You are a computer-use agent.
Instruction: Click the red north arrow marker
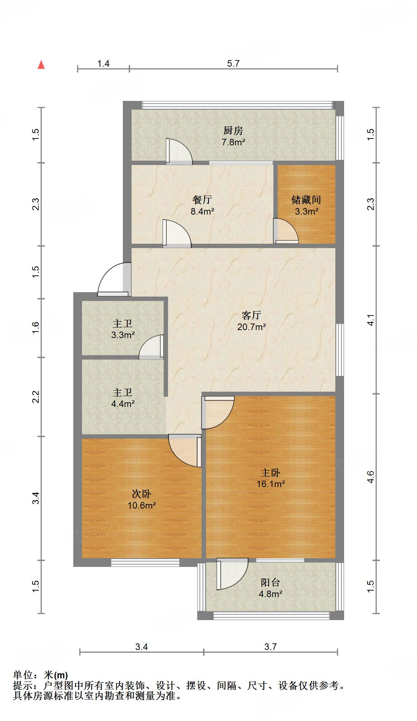[x=42, y=65]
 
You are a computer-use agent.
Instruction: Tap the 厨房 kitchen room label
[x=233, y=130]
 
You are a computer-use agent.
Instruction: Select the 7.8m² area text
[x=233, y=142]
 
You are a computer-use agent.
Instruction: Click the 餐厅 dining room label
[x=202, y=199]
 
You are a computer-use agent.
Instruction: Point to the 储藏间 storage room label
[x=306, y=199]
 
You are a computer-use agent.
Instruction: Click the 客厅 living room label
[x=251, y=315]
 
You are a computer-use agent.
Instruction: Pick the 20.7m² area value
[x=251, y=327]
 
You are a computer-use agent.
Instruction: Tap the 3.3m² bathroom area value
[x=123, y=335]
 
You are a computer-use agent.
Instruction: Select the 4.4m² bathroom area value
[x=123, y=404]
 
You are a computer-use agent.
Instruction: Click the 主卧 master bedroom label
[x=270, y=473]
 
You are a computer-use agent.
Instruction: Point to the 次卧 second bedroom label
[x=141, y=494]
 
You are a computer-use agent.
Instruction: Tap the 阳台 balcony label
[x=270, y=582]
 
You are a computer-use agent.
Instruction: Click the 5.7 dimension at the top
[x=233, y=63]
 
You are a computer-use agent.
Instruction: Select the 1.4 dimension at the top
[x=104, y=63]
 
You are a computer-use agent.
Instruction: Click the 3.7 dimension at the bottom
[x=270, y=647]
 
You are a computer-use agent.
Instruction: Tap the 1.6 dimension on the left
[x=35, y=327]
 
